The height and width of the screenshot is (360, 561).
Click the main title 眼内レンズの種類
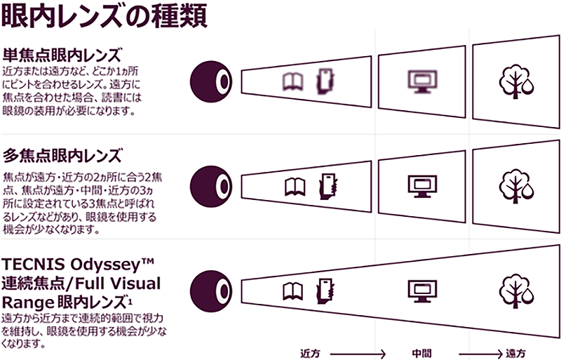(105, 15)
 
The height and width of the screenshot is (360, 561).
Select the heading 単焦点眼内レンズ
(62, 55)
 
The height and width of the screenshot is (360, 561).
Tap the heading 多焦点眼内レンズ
(62, 154)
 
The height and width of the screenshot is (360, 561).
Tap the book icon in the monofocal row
(291, 81)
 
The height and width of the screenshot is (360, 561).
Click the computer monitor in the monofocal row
(423, 80)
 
